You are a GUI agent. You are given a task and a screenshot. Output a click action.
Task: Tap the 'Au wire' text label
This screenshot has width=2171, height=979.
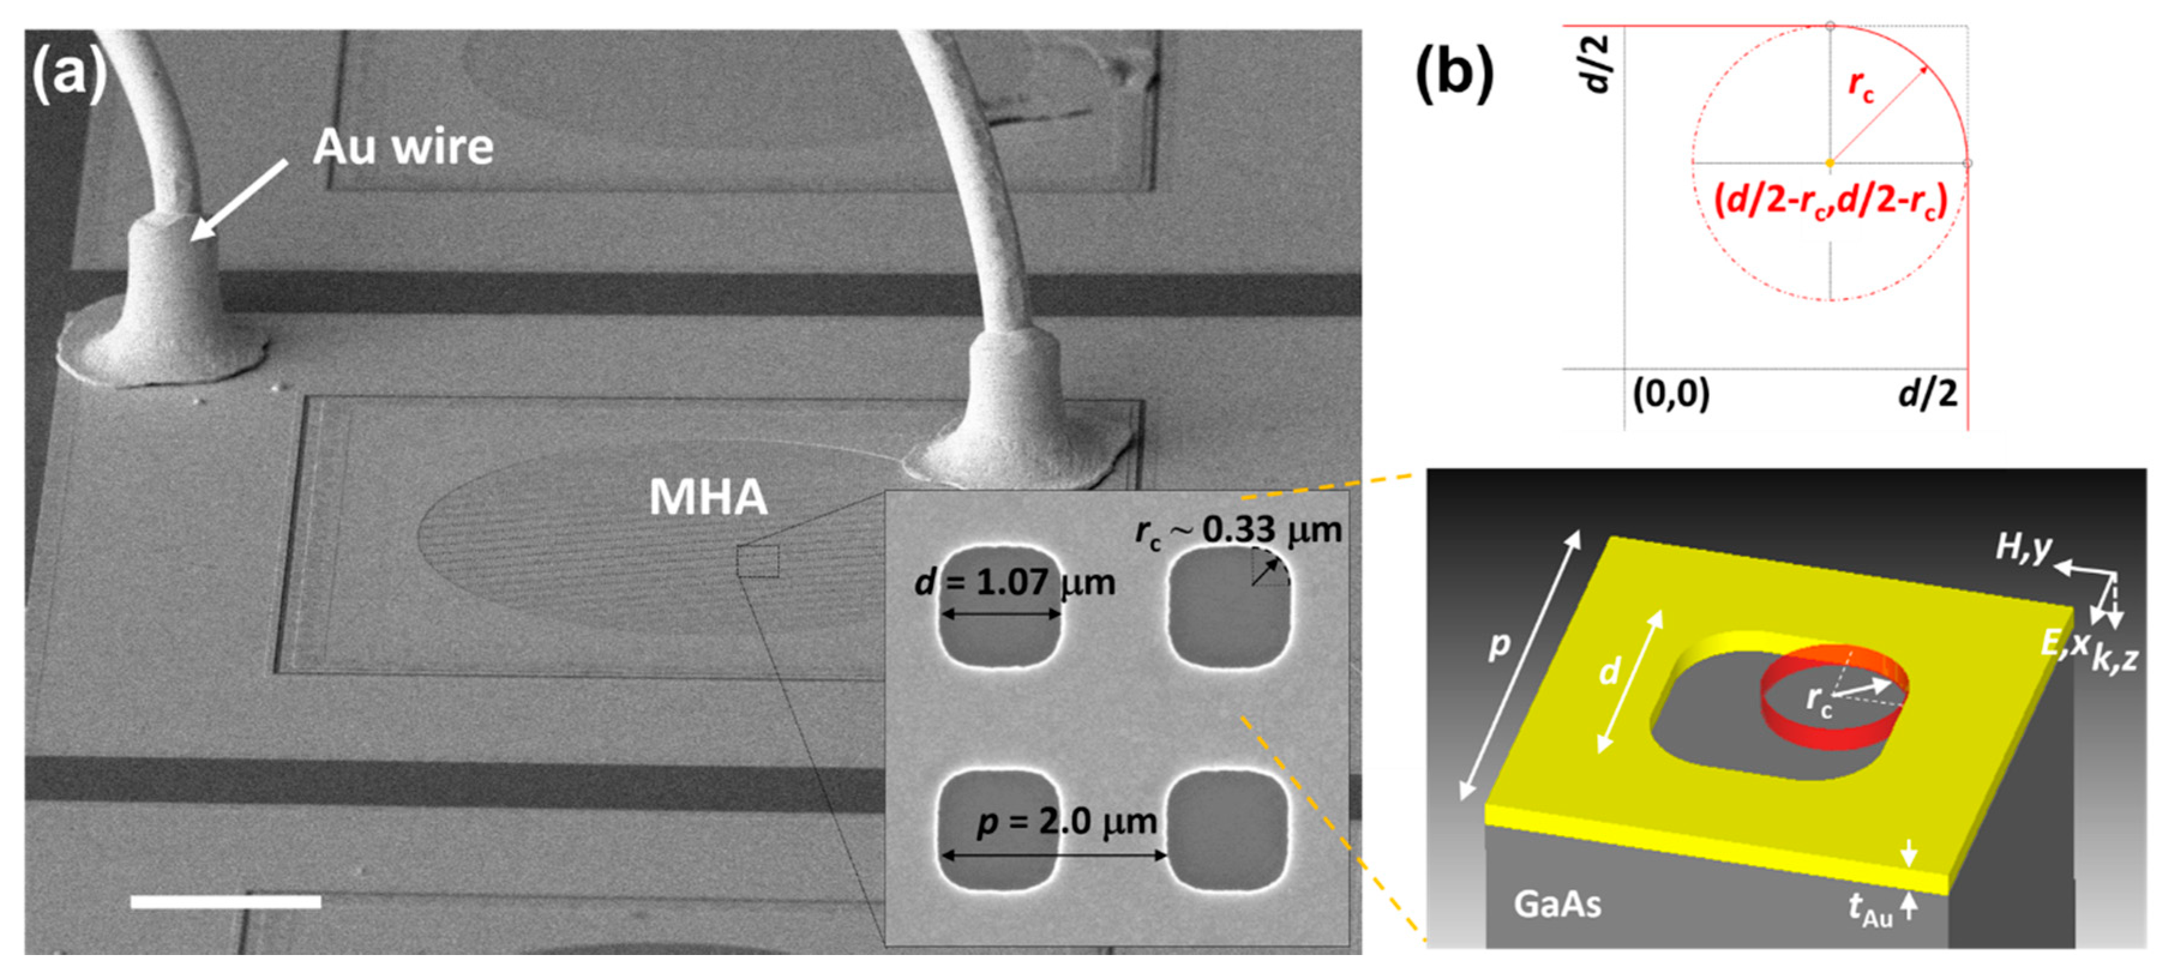403,147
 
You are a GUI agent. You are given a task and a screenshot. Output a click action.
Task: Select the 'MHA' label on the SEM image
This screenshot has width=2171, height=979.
708,497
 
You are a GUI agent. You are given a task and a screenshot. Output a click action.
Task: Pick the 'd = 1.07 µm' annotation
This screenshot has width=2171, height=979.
1015,583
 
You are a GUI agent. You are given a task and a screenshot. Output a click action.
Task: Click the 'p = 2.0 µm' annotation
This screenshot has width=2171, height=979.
1067,821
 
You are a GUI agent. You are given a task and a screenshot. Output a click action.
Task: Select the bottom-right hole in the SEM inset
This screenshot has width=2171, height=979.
1228,830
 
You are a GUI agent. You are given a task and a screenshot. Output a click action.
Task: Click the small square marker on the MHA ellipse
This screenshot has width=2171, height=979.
757,561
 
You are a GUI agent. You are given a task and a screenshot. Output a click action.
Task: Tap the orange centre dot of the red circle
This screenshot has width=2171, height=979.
1830,162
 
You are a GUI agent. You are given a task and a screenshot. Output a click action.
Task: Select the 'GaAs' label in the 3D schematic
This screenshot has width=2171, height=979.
1557,905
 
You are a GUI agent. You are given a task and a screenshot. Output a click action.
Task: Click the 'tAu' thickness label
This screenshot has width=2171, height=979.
1869,910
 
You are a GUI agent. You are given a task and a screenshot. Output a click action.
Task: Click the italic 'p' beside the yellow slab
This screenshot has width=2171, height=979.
1500,644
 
